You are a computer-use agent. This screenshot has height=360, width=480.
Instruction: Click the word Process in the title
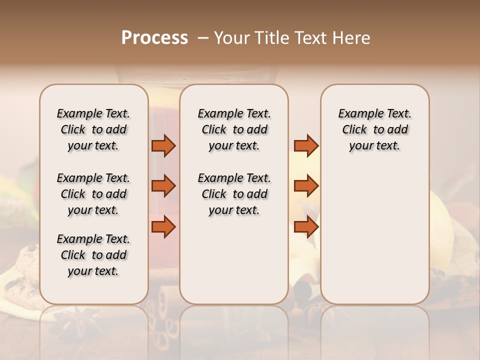[x=154, y=38]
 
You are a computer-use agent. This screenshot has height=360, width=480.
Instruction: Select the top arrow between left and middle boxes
[x=163, y=145]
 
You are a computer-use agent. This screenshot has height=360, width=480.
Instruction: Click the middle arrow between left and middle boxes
[x=163, y=186]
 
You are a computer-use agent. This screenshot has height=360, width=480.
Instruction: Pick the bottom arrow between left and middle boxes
[x=163, y=227]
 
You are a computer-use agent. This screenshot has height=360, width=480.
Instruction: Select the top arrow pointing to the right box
[x=306, y=145]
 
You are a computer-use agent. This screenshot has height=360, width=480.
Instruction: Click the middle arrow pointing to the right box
[x=306, y=186]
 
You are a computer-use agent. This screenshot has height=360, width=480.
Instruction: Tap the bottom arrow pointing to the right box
[x=306, y=227]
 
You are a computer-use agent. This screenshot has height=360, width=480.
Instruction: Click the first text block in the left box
[x=93, y=129]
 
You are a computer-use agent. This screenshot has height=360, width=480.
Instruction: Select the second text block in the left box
[x=93, y=194]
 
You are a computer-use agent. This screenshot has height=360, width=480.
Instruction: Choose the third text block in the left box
[x=93, y=255]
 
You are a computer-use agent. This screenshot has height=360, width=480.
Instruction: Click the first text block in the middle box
[x=234, y=129]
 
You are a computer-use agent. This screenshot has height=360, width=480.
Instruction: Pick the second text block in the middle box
[x=234, y=194]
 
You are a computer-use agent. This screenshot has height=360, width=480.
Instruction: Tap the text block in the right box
[x=374, y=129]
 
